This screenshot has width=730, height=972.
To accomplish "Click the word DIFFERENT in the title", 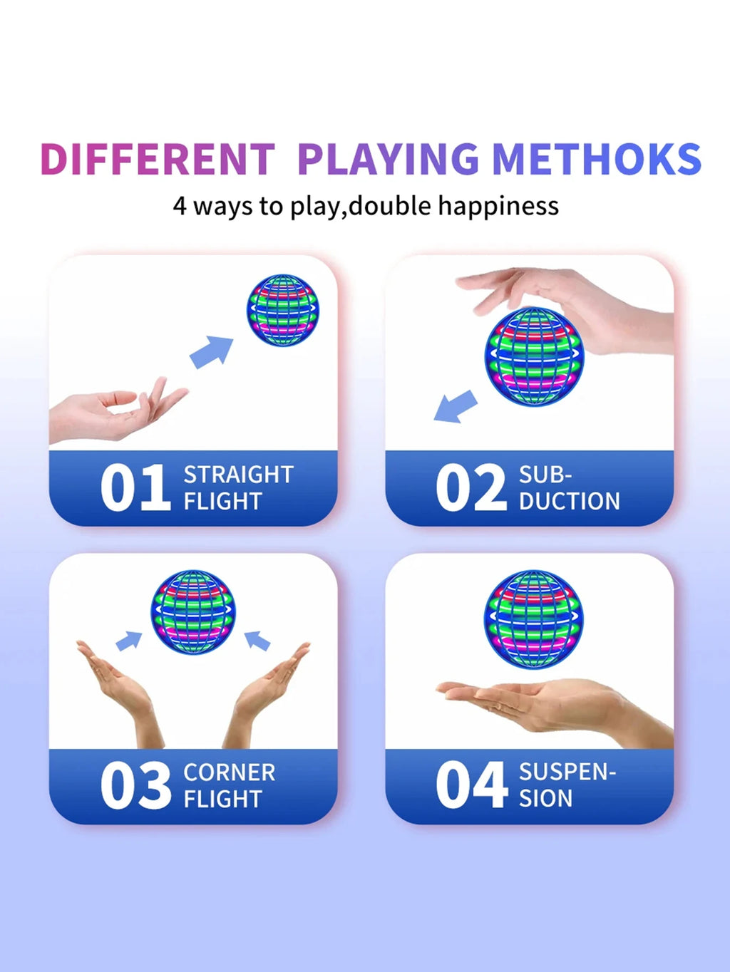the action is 158,159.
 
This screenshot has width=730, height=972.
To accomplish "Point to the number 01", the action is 135,487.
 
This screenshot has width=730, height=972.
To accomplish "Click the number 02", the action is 471,487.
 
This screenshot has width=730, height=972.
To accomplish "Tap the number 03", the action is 135,785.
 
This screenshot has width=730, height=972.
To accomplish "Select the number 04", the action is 471,785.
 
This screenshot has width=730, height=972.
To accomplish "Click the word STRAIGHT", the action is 238,475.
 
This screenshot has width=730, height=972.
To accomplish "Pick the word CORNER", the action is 230,772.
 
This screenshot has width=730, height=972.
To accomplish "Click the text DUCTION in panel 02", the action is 569,501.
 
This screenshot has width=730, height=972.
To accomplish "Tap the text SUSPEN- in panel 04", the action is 567,772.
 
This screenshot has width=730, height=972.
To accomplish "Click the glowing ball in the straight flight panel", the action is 283,311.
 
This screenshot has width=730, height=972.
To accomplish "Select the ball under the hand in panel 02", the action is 534,357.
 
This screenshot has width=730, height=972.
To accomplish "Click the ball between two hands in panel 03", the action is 193,612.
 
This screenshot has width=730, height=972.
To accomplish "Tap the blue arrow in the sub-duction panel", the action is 456,406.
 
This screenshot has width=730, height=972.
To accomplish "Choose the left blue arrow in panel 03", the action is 128,641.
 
